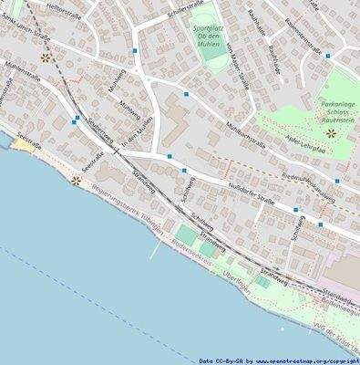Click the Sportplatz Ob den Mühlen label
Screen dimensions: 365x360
pos(212,34)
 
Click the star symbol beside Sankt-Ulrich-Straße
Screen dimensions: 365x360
pos(46,57)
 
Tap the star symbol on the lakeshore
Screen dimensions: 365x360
pos(77,181)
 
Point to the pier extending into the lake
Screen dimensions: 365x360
pos(158,248)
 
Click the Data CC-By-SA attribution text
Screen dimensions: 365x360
pos(278,360)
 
